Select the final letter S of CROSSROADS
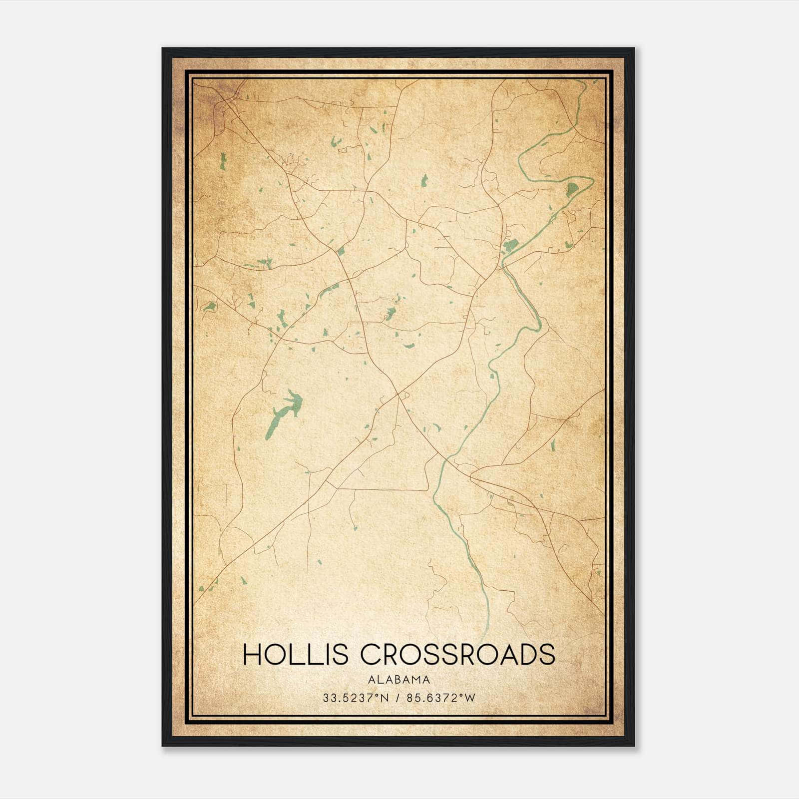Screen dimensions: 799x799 click(547, 655)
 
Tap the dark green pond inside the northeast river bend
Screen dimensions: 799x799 click(572, 189)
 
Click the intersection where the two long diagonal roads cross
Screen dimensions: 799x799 click(398, 395)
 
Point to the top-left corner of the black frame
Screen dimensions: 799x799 click(163, 48)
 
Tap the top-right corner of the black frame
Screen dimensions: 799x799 click(634, 48)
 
